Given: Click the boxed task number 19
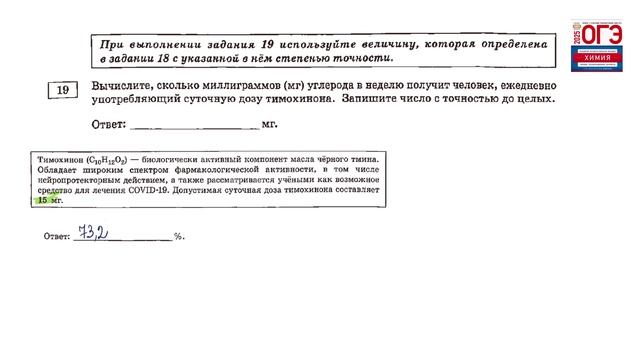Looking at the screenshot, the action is [62, 91].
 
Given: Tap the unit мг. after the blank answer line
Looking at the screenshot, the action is [269, 125].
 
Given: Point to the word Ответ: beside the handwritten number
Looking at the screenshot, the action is [55, 238].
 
